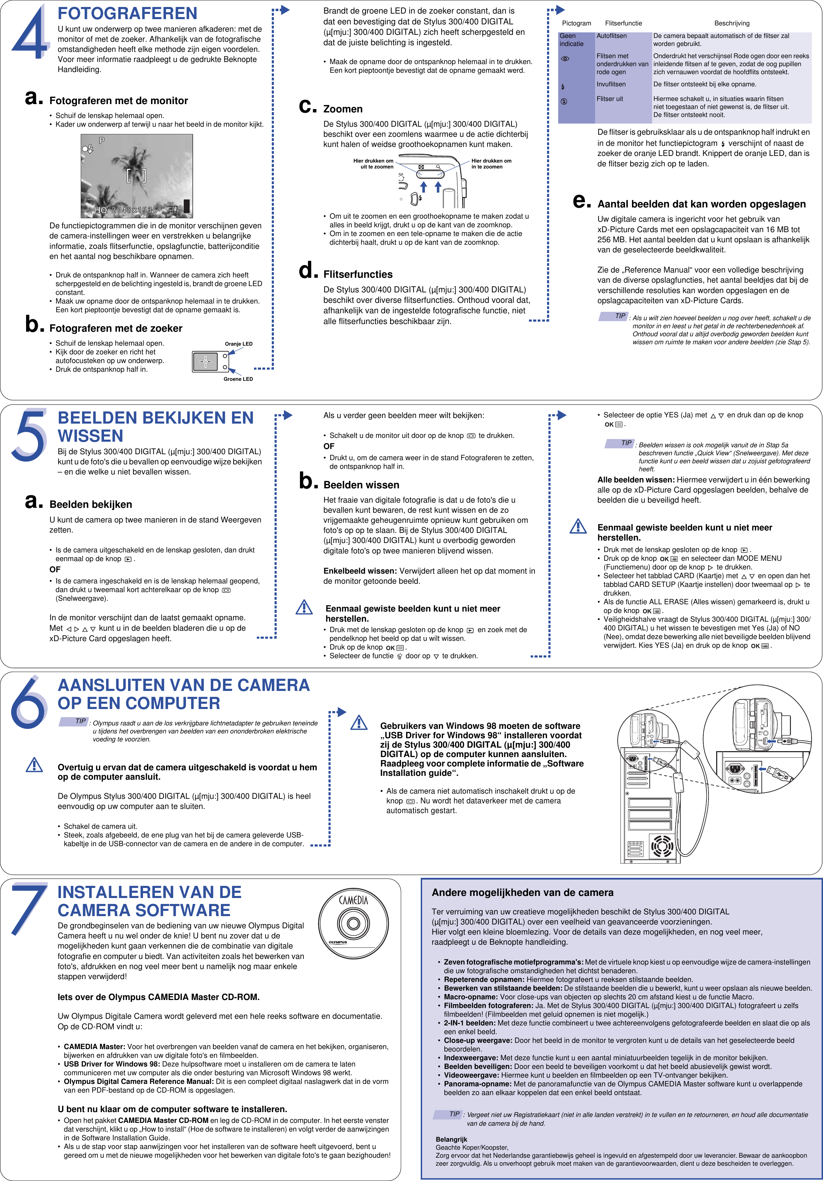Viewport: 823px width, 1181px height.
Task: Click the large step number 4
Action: click(x=31, y=33)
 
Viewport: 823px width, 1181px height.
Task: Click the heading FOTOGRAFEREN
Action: click(x=127, y=13)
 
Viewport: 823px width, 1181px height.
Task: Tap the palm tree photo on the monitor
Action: click(x=137, y=176)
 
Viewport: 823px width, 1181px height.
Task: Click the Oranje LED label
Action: click(x=239, y=344)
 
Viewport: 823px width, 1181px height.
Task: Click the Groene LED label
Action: click(x=238, y=379)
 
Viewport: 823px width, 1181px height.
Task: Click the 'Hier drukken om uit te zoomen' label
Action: click(x=373, y=164)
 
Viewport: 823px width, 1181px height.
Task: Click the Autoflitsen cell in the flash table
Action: click(x=611, y=36)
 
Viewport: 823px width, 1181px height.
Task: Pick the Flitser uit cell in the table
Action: click(x=610, y=99)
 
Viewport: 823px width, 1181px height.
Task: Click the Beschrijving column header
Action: click(x=731, y=23)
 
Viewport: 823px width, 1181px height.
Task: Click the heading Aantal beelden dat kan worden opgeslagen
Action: click(x=701, y=204)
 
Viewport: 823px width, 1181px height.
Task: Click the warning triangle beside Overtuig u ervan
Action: click(x=34, y=765)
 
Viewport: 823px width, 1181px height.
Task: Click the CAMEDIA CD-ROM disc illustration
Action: click(x=353, y=923)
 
